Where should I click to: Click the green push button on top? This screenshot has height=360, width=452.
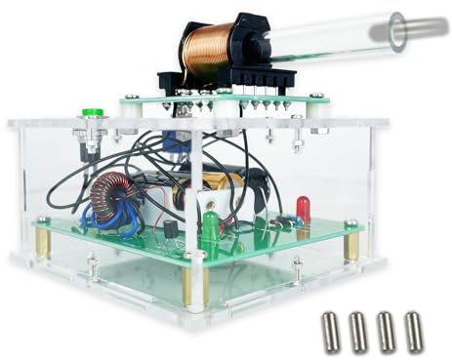tap(92, 112)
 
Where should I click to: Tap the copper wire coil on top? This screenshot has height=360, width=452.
tap(208, 52)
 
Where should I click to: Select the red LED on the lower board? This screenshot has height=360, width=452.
tap(304, 207)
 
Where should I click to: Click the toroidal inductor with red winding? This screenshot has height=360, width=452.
tap(109, 194)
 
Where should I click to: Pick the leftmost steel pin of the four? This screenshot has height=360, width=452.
tap(331, 331)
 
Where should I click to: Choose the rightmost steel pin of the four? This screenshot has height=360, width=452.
tap(414, 331)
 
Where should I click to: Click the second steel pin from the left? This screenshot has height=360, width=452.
tap(358, 331)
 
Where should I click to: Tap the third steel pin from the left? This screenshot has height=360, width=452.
tap(387, 331)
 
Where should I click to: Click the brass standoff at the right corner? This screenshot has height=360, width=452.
tap(351, 244)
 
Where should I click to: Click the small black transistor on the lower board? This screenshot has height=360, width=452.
tap(169, 230)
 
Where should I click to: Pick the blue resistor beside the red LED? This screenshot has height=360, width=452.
tap(282, 222)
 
